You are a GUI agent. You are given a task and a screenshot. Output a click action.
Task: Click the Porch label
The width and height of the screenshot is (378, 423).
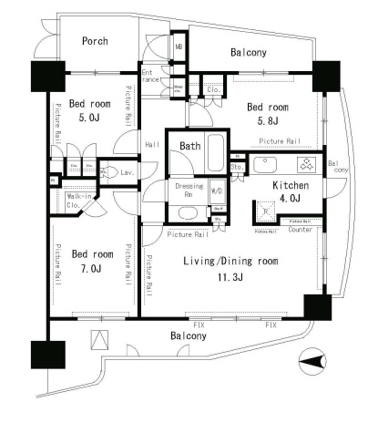tap(95, 41)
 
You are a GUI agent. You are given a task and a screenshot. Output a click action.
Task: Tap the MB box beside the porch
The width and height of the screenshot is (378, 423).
tap(179, 45)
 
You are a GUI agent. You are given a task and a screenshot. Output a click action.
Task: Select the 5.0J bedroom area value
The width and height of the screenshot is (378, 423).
tap(90, 118)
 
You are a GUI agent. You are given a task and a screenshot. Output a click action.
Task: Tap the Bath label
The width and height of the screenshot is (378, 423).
tap(189, 146)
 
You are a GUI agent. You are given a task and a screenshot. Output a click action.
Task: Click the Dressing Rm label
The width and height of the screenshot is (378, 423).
tap(189, 190)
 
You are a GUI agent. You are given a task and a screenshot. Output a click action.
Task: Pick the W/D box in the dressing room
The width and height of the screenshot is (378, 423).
tap(218, 191)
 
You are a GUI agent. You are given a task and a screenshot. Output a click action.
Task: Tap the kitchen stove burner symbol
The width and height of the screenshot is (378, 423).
tap(307, 165)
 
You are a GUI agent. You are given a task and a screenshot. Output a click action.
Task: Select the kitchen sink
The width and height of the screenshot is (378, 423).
tap(269, 165)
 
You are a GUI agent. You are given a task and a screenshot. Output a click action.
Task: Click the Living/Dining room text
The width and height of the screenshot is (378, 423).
tap(229, 263)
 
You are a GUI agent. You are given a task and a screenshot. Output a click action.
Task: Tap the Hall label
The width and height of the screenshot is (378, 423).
tap(152, 143)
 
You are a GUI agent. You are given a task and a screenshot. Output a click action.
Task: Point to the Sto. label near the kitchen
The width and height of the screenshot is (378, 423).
tap(236, 167)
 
